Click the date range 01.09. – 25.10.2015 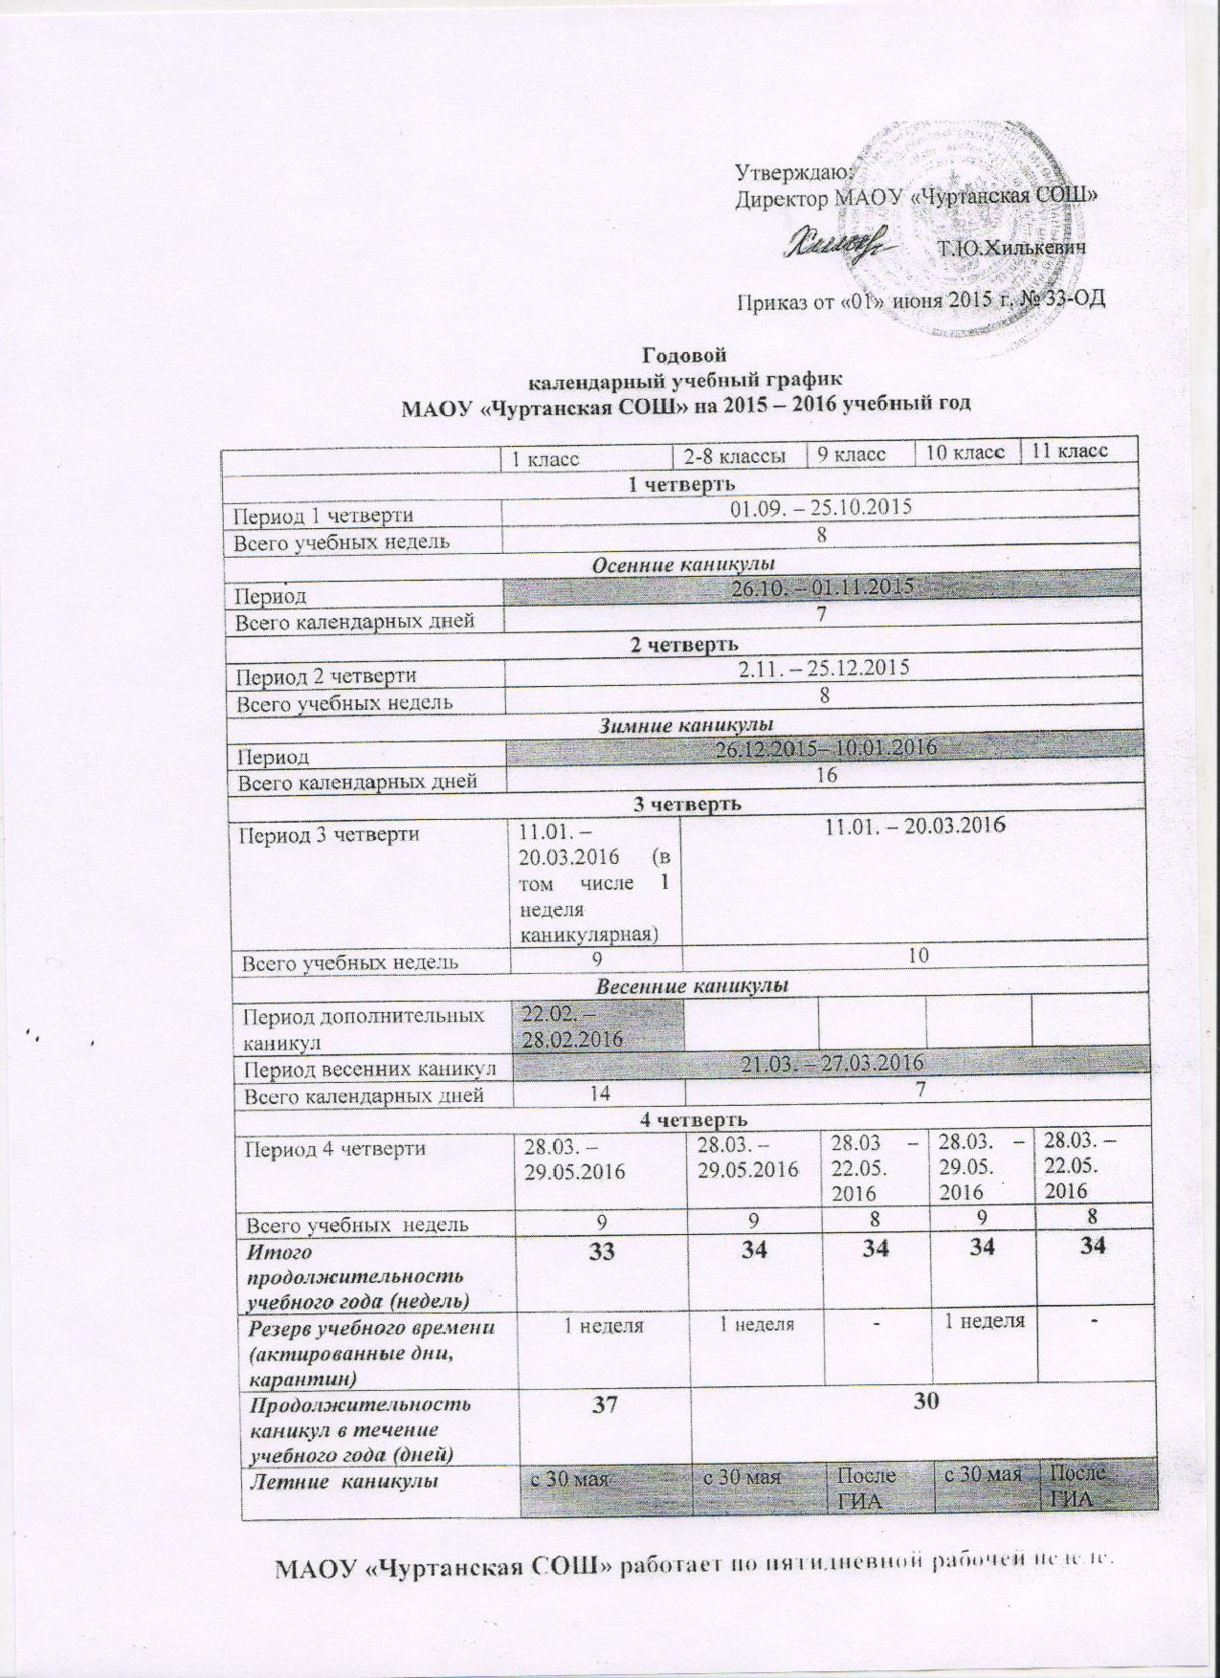pyautogui.click(x=820, y=507)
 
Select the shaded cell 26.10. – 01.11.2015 pyautogui.click(x=822, y=587)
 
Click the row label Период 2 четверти pyautogui.click(x=325, y=675)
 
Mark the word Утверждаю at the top pyautogui.click(x=787, y=172)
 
